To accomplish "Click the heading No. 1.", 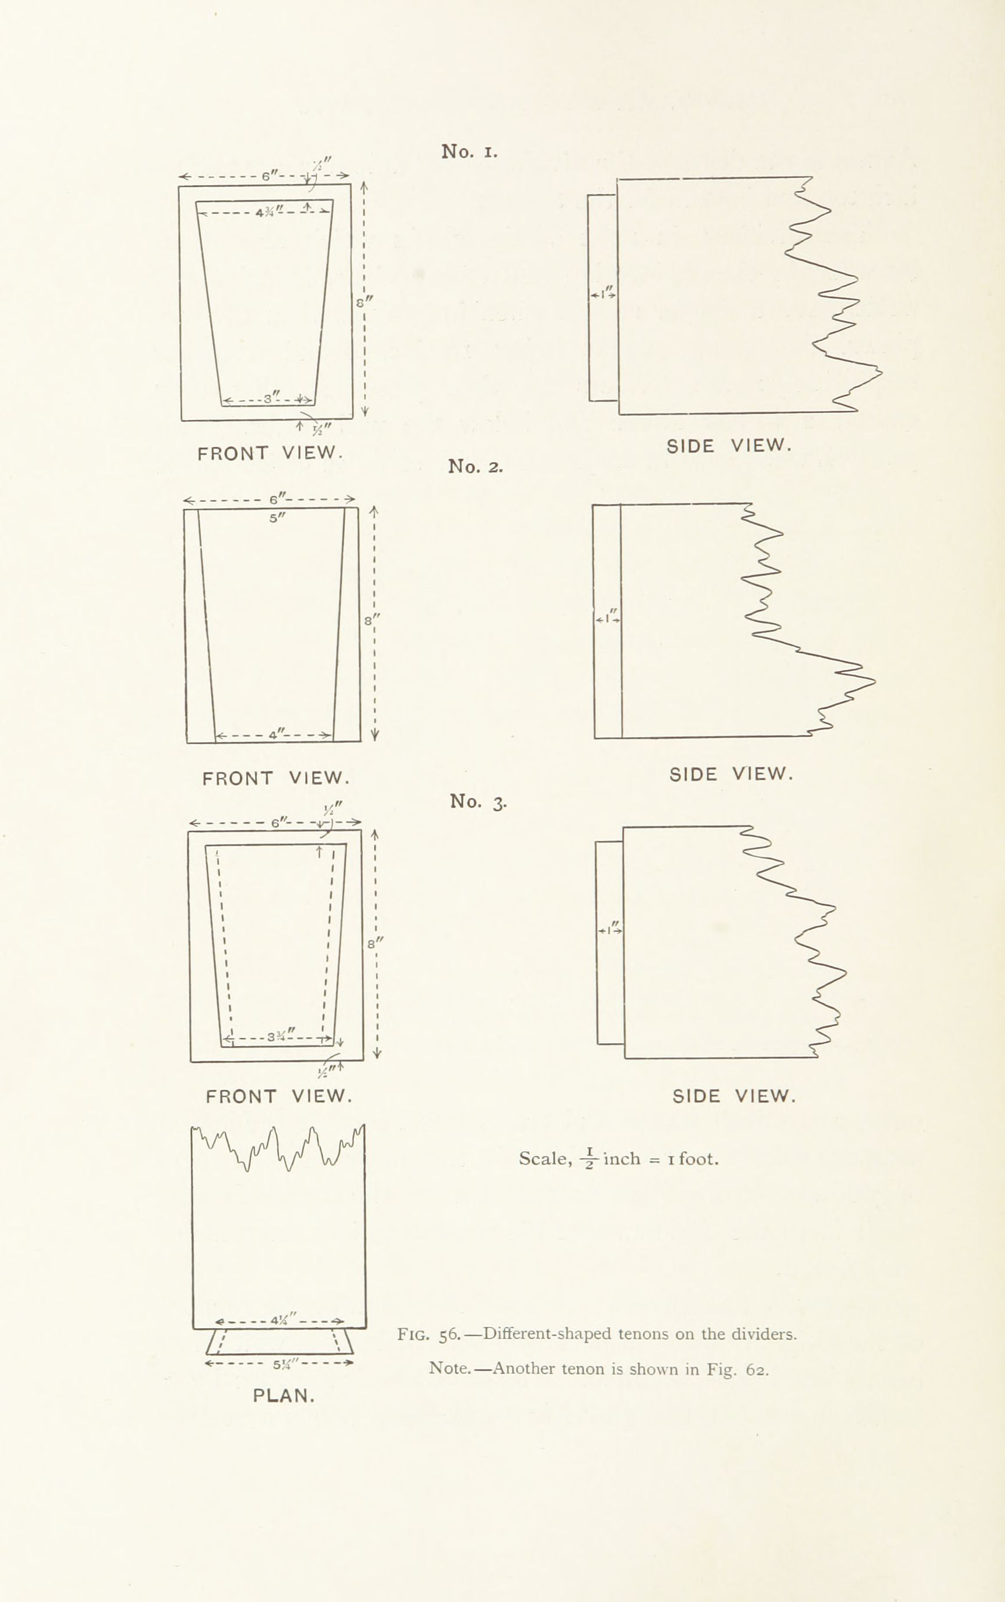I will (x=469, y=152).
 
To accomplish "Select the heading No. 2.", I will (x=475, y=466).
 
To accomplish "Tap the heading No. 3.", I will (x=478, y=802).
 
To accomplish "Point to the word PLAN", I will (x=284, y=1396).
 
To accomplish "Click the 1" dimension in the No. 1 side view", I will (x=603, y=293).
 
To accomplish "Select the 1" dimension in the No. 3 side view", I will (x=610, y=930).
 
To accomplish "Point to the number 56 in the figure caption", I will (x=449, y=1334).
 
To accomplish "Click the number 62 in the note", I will (x=756, y=1369).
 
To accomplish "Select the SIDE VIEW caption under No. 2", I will (x=731, y=774).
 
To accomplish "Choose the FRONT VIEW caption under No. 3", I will (x=278, y=1096).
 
